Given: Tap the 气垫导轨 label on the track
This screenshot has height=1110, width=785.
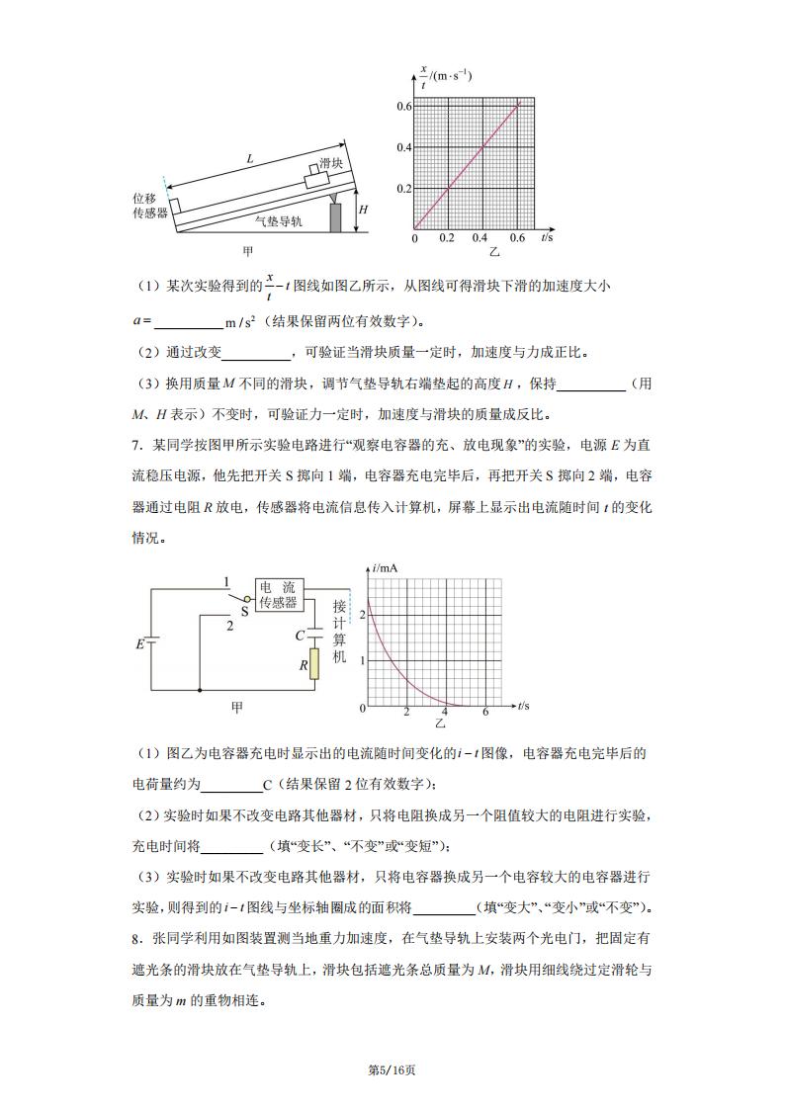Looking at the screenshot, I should pyautogui.click(x=279, y=222).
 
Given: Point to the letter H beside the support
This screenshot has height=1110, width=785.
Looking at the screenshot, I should pyautogui.click(x=363, y=210).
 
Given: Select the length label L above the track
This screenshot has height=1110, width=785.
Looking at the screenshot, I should pyautogui.click(x=250, y=158).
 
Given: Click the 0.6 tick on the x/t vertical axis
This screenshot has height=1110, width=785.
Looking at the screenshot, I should pyautogui.click(x=403, y=106).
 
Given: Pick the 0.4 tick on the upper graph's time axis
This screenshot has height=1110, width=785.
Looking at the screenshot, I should pyautogui.click(x=480, y=239).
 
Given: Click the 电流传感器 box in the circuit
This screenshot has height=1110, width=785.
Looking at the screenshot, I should pyautogui.click(x=278, y=594).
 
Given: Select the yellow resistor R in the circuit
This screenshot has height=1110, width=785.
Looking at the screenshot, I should pyautogui.click(x=313, y=663).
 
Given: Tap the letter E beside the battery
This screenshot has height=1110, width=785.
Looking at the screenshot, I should pyautogui.click(x=139, y=644).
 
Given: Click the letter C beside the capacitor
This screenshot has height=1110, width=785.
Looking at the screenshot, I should pyautogui.click(x=300, y=636).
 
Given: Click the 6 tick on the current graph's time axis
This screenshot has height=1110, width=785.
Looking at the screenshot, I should pyautogui.click(x=485, y=712).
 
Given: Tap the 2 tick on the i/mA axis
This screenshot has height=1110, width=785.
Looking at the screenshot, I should pyautogui.click(x=362, y=615).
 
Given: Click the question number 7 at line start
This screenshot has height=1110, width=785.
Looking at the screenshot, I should pyautogui.click(x=135, y=445).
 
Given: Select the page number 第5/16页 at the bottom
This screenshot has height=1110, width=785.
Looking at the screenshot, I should pyautogui.click(x=392, y=1070).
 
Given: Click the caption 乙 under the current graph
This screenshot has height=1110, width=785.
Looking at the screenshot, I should pyautogui.click(x=440, y=725).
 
